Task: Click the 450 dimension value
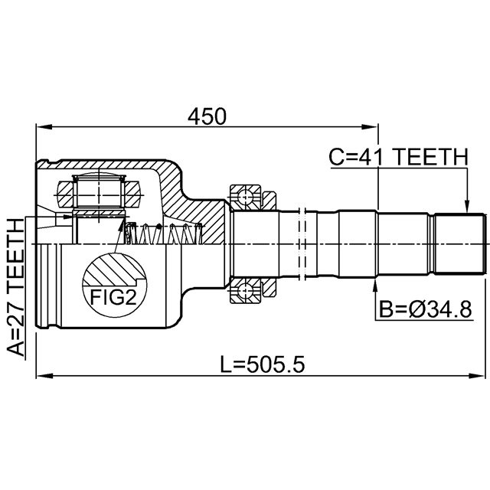[x=208, y=116]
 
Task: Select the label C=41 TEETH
[x=397, y=157]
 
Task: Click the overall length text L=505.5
[x=263, y=364]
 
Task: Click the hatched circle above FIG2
[x=113, y=269]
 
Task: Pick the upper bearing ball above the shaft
[x=245, y=198]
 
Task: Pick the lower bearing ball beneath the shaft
[x=245, y=291]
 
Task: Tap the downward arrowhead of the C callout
[x=465, y=206]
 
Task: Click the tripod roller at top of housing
[x=97, y=191]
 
